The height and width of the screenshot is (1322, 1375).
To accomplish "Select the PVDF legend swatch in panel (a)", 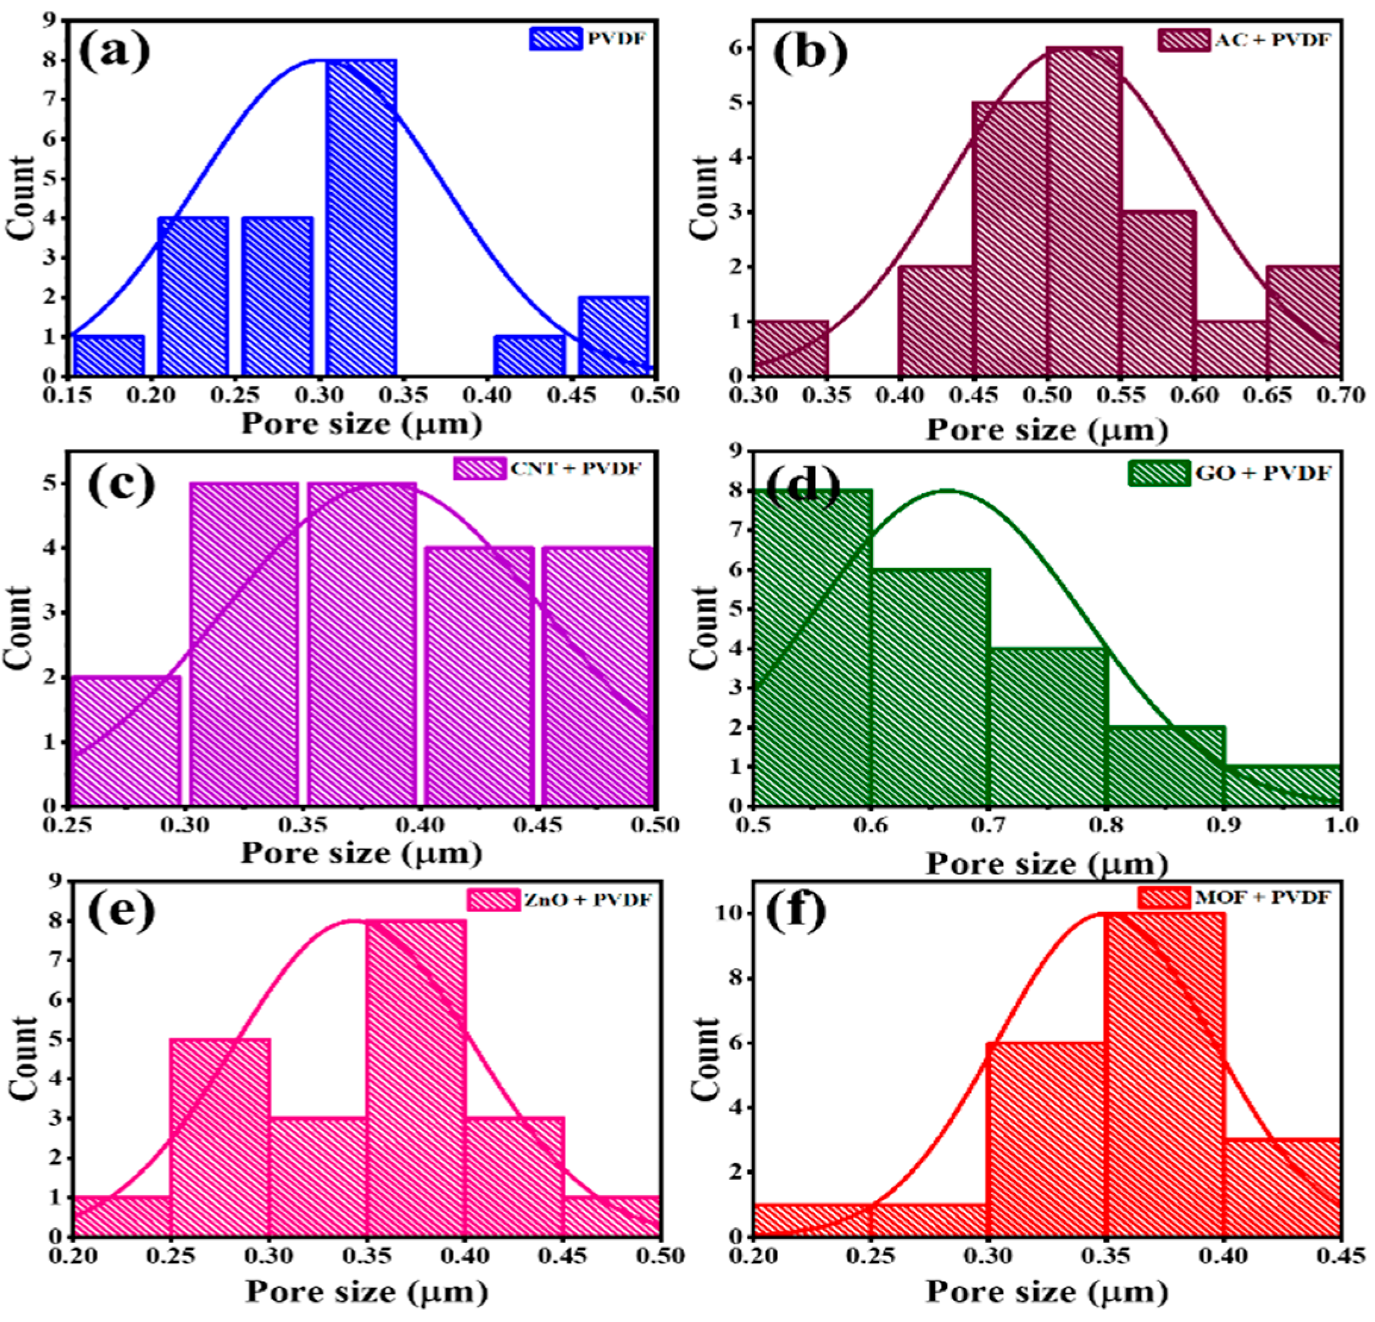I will tap(555, 38).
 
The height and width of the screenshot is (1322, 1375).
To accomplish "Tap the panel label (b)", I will tap(810, 52).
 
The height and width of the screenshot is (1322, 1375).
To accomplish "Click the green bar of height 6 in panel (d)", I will tap(931, 687).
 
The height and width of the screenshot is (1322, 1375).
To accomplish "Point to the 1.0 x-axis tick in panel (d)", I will tap(1339, 825).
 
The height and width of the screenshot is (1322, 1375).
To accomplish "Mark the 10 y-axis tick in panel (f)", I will tap(730, 914).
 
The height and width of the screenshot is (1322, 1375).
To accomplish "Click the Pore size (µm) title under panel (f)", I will tap(1046, 1291).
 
